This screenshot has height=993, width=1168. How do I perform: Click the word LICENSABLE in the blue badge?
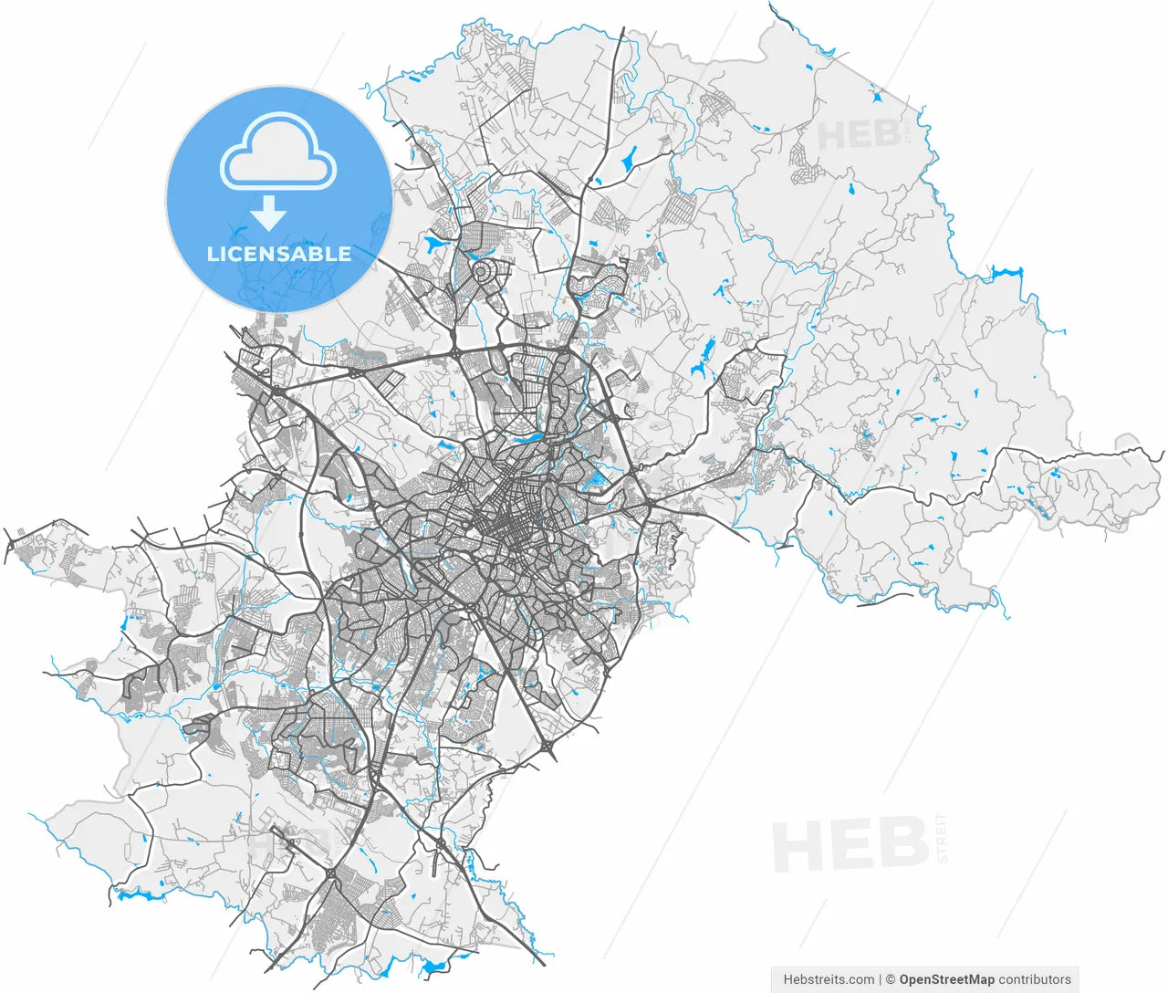(279, 254)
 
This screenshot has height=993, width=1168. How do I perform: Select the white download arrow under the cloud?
(269, 214)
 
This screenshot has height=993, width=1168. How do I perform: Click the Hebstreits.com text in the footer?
(828, 979)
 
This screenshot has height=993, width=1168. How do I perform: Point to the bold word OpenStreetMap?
(946, 979)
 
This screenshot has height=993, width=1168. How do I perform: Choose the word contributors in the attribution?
(1035, 979)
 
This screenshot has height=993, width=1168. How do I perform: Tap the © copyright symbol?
(891, 979)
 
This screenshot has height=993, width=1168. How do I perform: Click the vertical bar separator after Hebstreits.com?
(880, 979)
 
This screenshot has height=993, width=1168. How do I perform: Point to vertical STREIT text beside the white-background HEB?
(943, 839)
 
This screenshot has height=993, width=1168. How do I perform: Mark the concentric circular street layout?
(485, 272)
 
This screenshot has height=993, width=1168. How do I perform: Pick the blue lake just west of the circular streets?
(433, 244)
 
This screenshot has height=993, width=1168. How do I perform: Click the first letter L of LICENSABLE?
(213, 255)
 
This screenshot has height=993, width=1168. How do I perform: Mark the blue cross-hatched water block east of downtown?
(598, 476)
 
